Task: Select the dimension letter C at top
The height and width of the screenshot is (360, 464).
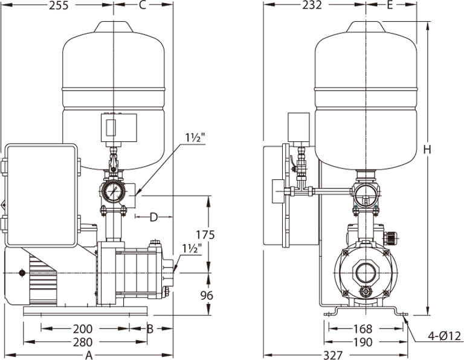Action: coord(143,6)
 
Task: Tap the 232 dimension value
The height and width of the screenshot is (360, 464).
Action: coord(312,6)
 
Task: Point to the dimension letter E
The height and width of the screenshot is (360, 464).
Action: coord(390,6)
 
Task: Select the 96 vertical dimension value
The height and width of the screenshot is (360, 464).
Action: coord(207,296)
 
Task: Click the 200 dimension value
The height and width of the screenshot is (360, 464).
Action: coord(82,329)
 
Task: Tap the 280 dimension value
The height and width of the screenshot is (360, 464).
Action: coord(82,342)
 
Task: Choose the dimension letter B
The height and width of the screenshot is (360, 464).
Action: coord(150,329)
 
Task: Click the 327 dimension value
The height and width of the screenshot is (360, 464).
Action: coord(333,355)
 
